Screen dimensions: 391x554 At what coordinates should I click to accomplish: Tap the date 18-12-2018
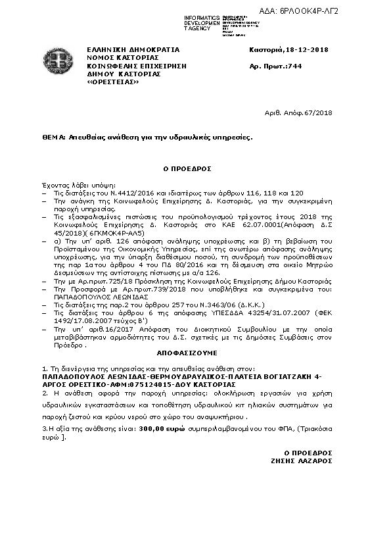pos(307,49)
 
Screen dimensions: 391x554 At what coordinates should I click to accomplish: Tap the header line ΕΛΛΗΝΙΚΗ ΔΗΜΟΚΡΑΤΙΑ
pos(124,49)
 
